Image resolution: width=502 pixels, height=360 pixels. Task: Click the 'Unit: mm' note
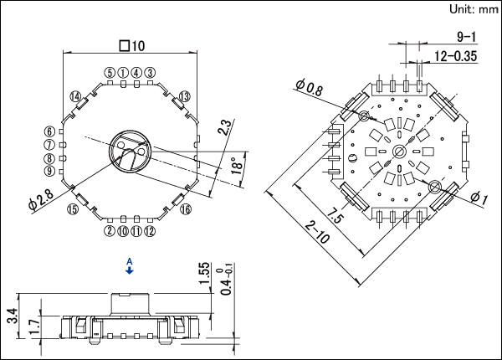tap(474, 9)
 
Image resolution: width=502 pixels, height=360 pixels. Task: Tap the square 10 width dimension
tap(132, 46)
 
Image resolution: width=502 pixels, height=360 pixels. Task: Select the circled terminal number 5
tap(110, 73)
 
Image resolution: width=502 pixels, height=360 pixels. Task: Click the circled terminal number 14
tap(75, 96)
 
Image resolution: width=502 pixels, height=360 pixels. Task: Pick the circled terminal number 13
tap(184, 96)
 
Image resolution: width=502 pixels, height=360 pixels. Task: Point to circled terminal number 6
tap(49, 131)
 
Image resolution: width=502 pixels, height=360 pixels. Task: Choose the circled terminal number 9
tap(49, 171)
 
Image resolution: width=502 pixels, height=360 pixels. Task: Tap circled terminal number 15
tap(73, 209)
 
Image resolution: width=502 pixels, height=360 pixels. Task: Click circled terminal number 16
tap(186, 209)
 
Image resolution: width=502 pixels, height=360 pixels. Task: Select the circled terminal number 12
tap(150, 231)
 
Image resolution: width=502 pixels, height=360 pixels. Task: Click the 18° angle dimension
tap(238, 165)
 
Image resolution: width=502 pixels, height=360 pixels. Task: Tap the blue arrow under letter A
tap(130, 271)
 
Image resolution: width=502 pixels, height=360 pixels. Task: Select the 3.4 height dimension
tap(13, 316)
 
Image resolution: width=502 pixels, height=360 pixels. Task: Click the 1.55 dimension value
tap(204, 273)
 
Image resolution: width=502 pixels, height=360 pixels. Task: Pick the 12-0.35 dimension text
tap(455, 56)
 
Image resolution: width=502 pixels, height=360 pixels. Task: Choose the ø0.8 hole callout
tap(310, 87)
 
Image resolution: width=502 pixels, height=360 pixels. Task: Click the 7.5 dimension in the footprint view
tap(336, 215)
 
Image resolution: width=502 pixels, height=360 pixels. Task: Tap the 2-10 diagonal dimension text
tap(316, 233)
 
